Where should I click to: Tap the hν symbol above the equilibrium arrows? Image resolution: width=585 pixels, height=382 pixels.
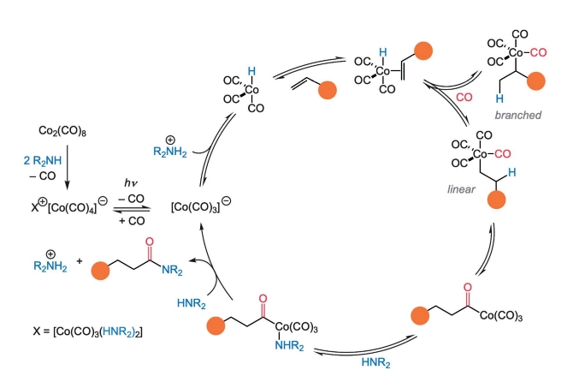click(x=129, y=182)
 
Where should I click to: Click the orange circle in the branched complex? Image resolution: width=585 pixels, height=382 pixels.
click(x=537, y=83)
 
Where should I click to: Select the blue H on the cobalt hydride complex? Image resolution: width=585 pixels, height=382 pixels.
click(x=251, y=74)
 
